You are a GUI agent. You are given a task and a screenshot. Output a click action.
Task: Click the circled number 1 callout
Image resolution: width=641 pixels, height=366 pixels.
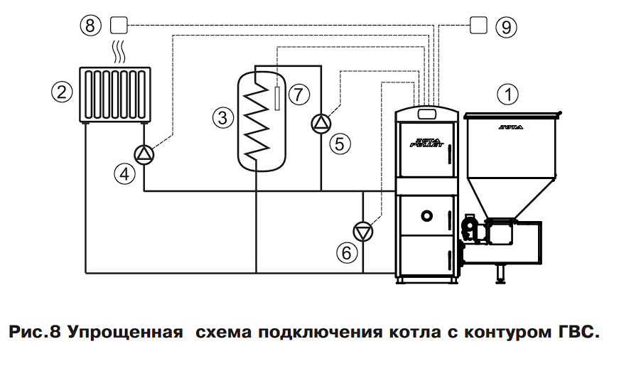(508, 92)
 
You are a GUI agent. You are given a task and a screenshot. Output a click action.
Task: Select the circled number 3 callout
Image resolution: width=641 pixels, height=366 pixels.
(222, 118)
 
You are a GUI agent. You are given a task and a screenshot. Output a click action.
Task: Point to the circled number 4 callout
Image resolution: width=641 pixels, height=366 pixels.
(126, 173)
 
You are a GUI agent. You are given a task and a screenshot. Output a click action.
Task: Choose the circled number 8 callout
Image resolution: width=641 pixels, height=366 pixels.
(90, 26)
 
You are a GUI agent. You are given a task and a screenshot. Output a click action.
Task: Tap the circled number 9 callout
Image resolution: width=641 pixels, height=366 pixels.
(506, 27)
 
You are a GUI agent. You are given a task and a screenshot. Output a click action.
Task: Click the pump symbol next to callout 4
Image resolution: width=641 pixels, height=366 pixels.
(144, 154)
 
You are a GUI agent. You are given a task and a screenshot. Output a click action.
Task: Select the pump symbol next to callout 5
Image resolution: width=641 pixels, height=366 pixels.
(321, 122)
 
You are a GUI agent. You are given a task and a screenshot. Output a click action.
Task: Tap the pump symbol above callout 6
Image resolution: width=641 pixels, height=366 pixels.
(364, 231)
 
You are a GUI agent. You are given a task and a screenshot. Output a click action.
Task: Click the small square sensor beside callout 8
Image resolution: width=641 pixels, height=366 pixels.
(119, 26)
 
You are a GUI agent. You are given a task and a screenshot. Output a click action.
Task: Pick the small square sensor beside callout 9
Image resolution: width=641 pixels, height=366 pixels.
(480, 26)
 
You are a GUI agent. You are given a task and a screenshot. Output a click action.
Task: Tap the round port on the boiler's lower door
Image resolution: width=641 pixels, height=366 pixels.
(426, 215)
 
